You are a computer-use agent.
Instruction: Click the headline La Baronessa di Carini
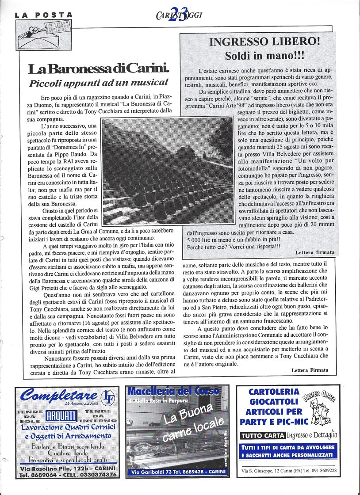99,69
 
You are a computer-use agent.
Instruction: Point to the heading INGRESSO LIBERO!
258,42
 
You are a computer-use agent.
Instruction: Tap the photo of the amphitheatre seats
168,170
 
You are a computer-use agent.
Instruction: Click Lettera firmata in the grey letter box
314,253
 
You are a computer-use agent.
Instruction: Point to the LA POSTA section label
43,15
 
